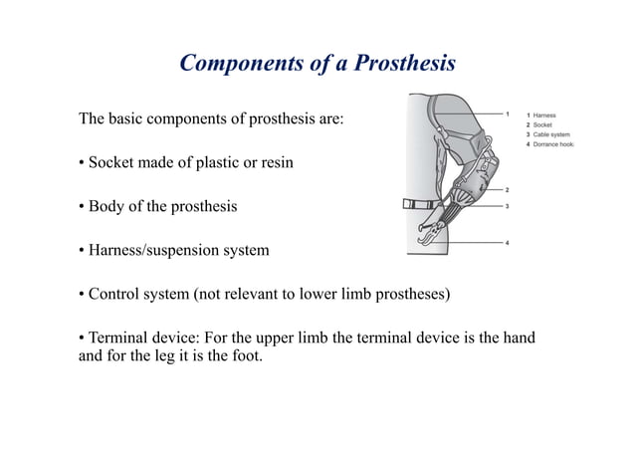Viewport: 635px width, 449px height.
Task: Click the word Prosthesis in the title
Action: [398, 64]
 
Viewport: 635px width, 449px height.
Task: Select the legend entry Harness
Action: [544, 116]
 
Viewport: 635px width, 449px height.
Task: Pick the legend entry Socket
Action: [542, 125]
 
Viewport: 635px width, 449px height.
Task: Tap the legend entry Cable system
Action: [550, 135]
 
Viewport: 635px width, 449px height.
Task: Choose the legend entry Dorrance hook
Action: [553, 145]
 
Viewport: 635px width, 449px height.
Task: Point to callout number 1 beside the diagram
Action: [508, 113]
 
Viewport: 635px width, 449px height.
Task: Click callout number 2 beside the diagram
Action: [508, 189]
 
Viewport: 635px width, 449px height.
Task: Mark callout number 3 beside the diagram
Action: [508, 206]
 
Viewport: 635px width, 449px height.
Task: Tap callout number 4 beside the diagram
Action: [508, 243]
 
